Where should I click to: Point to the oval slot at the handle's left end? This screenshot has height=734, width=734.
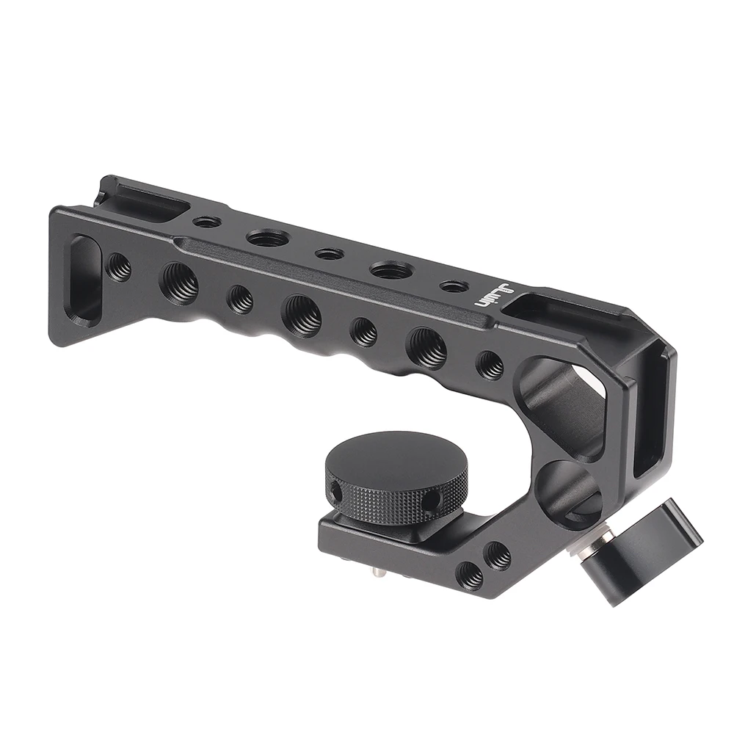click(82, 279)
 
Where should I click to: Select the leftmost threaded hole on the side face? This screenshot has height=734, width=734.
click(118, 267)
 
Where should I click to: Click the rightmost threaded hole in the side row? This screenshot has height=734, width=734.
click(490, 365)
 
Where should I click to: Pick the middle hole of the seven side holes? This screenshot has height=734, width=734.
click(302, 316)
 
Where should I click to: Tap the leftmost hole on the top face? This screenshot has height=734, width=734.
click(207, 221)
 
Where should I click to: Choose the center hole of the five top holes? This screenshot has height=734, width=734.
click(329, 254)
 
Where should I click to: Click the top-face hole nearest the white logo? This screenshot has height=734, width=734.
click(455, 286)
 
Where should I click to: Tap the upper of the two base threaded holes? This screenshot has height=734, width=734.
click(498, 555)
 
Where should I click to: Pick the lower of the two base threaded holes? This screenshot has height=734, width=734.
click(470, 575)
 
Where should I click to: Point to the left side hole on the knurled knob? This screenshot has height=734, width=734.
click(335, 490)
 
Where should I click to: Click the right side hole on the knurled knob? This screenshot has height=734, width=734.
click(431, 501)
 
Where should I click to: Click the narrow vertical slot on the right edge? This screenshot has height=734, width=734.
click(650, 418)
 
